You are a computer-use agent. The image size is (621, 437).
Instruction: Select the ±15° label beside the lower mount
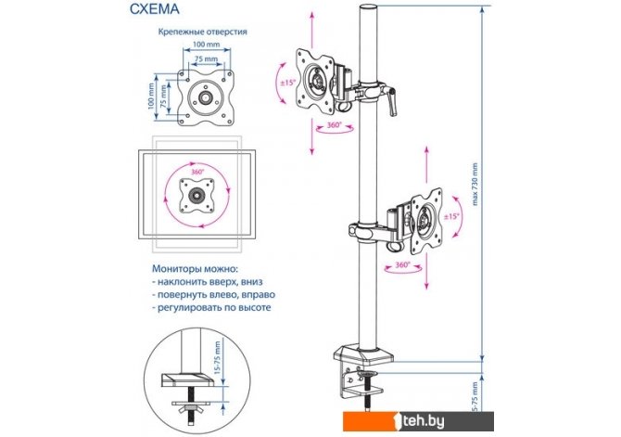click(x=451, y=216)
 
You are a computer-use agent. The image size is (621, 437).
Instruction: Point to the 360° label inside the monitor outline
click(x=196, y=173)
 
